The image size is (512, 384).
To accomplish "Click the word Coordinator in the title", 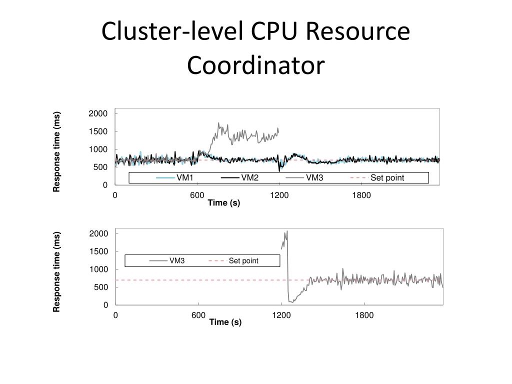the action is pyautogui.click(x=255, y=65).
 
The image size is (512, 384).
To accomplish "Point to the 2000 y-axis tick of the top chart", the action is pyautogui.click(x=98, y=113).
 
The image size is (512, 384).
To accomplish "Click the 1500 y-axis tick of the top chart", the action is pyautogui.click(x=98, y=131).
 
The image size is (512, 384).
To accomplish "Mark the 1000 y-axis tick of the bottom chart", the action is pyautogui.click(x=98, y=269).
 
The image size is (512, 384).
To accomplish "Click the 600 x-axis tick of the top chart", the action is pyautogui.click(x=197, y=195).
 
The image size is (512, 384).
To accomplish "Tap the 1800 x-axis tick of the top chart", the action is pyautogui.click(x=361, y=195).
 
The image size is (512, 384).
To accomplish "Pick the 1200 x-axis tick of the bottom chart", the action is pyautogui.click(x=281, y=315).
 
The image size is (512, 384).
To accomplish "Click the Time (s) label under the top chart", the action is pyautogui.click(x=224, y=202).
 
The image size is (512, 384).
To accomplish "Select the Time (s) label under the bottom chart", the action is pyautogui.click(x=225, y=322).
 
